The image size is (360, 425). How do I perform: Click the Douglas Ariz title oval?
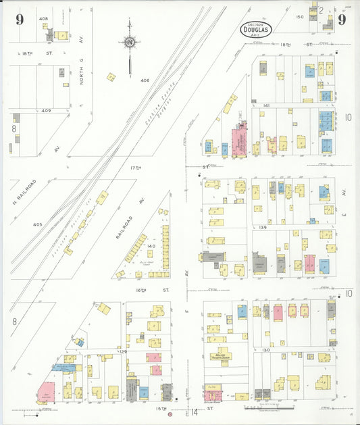(257, 29)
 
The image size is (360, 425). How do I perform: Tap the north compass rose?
(129, 44)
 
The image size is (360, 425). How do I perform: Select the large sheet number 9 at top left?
(20, 19)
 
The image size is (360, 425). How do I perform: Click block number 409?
(46, 109)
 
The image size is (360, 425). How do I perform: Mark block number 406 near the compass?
(144, 80)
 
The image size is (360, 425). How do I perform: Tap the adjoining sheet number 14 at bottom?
(193, 412)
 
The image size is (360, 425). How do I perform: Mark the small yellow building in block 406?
(111, 77)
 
